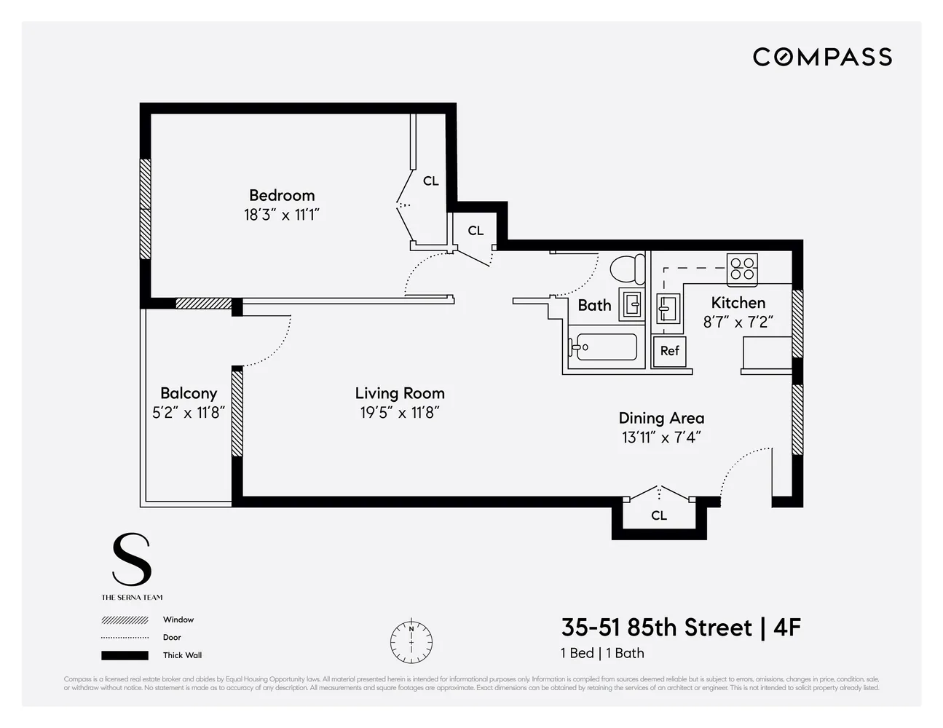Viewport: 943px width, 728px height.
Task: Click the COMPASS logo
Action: coord(822,57)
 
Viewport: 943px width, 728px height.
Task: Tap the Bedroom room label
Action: coord(282,195)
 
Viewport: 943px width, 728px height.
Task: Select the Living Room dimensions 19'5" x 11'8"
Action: coord(400,413)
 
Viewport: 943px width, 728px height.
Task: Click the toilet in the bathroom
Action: coord(627,269)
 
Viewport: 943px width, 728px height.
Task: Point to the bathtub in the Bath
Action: coord(604,347)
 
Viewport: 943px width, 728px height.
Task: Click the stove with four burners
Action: coord(742,269)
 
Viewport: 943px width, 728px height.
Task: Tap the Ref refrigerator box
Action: coord(669,351)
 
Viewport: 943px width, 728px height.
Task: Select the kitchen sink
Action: coord(668,308)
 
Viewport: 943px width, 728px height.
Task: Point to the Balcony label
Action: coord(189,393)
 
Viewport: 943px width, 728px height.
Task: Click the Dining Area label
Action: coord(661,418)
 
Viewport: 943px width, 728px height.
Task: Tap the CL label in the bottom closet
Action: coord(659,515)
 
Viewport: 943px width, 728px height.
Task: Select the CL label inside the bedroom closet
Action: coord(431,181)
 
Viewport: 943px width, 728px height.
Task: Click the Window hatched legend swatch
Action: coord(125,620)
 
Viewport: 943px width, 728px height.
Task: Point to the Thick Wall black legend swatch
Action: coord(125,655)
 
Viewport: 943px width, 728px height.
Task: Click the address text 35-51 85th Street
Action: coord(657,628)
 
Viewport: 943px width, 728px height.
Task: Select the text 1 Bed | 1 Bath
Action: coord(602,653)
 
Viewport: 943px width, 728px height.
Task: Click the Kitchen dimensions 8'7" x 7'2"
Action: coord(738,322)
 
